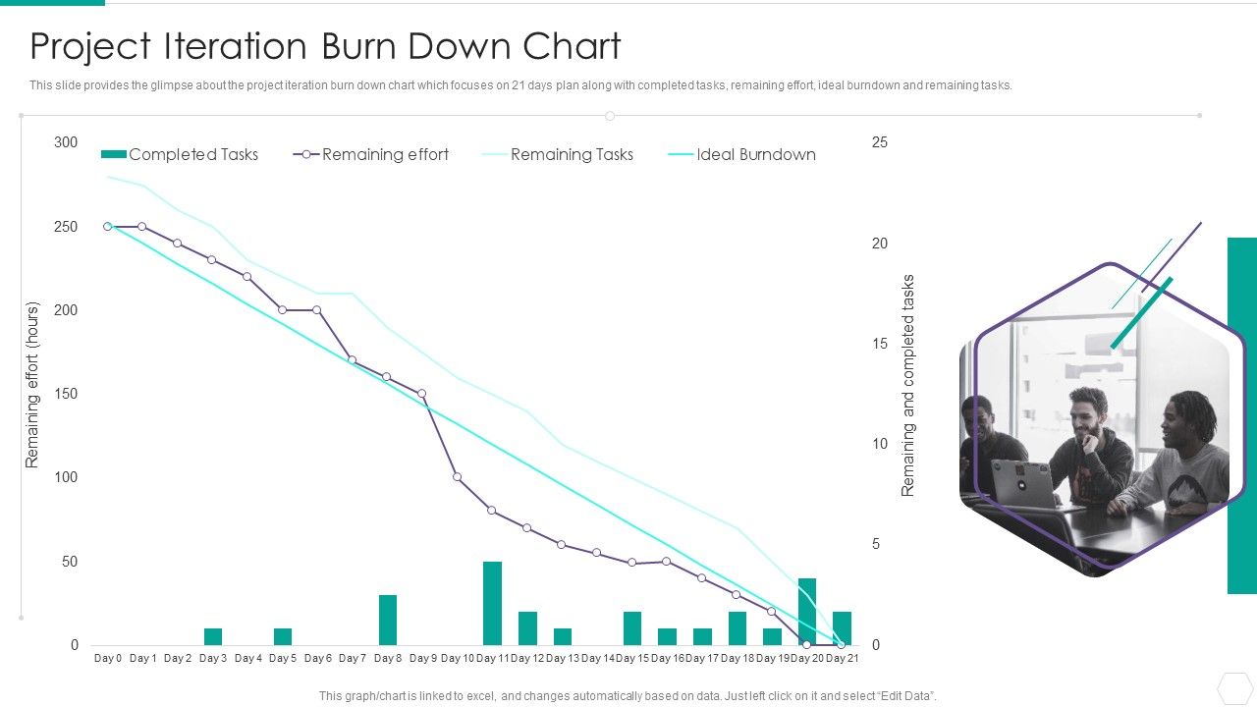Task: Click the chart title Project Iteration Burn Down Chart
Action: point(325,47)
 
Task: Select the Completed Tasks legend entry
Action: point(180,154)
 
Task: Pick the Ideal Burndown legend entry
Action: point(742,154)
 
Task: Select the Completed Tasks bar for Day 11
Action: point(493,603)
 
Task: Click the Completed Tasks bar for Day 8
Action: point(388,620)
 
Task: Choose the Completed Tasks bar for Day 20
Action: point(807,609)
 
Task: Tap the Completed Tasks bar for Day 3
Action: point(213,636)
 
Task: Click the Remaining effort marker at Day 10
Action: point(458,477)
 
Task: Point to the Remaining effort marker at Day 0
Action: point(108,226)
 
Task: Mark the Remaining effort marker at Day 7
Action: point(353,360)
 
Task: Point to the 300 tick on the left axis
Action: point(66,142)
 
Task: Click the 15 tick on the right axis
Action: point(879,344)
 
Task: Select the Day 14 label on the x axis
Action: point(597,658)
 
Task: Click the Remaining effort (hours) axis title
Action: point(32,385)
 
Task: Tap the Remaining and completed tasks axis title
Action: point(908,385)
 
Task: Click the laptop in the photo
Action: point(1021,483)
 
